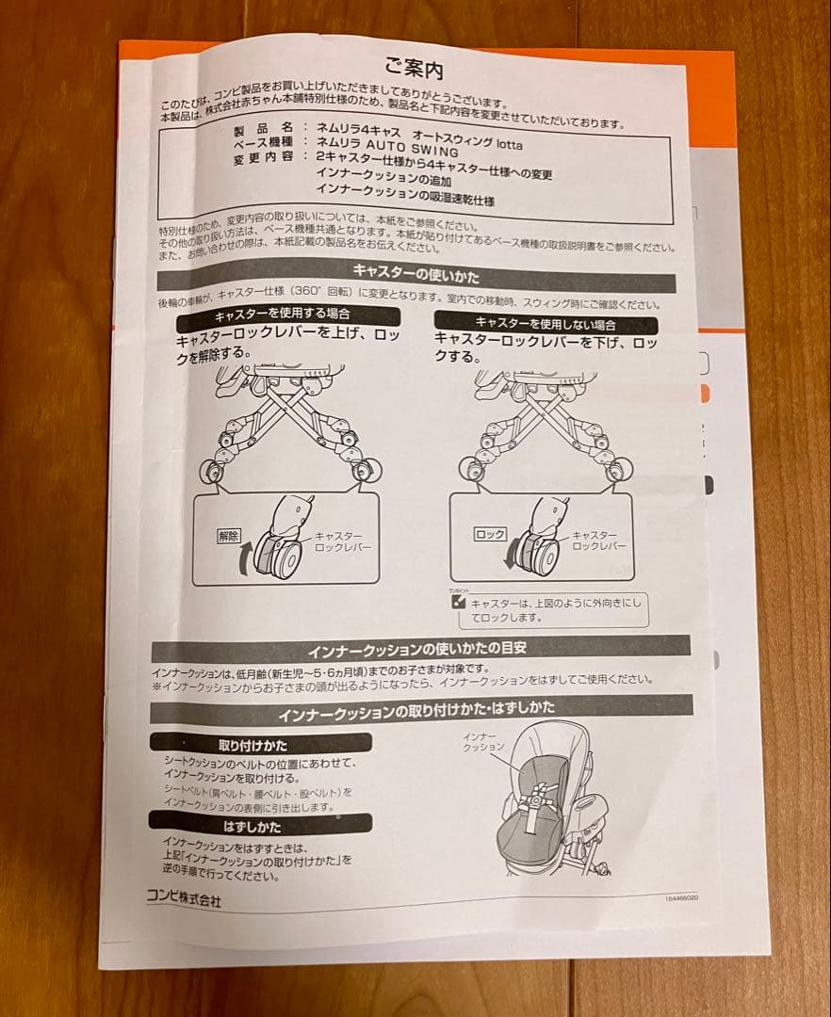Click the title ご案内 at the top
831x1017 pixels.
(x=414, y=68)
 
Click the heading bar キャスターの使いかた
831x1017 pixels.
(x=415, y=278)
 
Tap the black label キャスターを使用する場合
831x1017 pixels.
(x=282, y=315)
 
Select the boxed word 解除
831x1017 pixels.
(x=229, y=535)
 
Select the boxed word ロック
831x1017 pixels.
(x=489, y=533)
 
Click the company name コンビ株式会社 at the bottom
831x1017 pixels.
(x=184, y=900)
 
